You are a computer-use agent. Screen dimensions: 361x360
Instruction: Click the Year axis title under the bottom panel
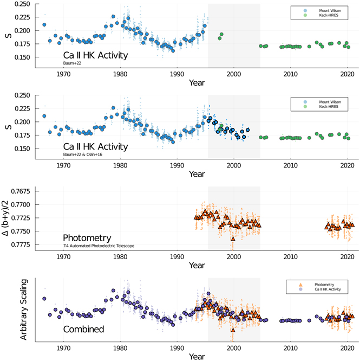point(197,357)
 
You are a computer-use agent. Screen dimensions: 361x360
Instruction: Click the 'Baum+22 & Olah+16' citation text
point(83,154)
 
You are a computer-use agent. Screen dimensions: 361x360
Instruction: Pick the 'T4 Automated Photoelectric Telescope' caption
point(98,246)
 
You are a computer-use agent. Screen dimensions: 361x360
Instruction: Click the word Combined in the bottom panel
point(83,329)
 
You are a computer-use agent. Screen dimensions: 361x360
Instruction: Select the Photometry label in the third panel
point(87,238)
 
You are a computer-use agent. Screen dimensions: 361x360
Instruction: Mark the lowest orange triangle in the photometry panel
point(233,238)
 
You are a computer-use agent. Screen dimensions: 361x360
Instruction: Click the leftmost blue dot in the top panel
point(44,25)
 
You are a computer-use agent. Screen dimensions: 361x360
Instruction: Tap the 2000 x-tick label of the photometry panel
point(233,257)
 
